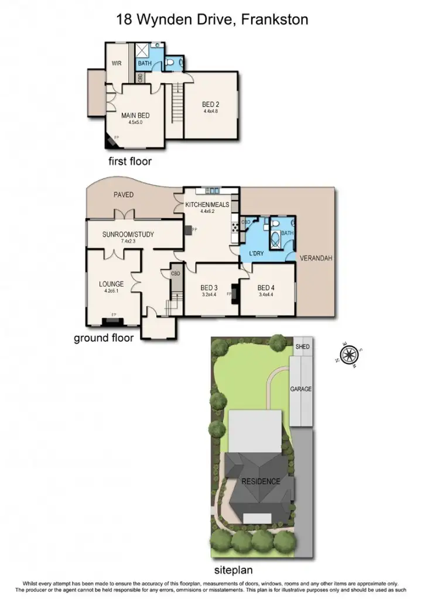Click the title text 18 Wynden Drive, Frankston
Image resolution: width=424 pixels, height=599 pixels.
point(212,20)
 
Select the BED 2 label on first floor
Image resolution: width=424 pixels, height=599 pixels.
point(211,105)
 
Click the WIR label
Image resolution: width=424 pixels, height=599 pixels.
point(117,64)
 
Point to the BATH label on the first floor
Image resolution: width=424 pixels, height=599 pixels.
point(145,63)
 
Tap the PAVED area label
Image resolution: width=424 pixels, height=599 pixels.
point(123,195)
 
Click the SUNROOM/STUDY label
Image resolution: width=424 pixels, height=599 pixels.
point(128,235)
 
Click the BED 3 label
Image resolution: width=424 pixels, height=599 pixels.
point(209,287)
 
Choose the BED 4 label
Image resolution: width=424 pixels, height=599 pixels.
point(266,287)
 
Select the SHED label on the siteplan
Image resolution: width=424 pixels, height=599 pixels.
point(302,347)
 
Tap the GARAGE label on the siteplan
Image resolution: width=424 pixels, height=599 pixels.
point(302,388)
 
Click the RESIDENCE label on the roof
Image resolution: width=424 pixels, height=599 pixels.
point(261,481)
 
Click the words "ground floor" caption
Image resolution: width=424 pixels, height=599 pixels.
point(104,338)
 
